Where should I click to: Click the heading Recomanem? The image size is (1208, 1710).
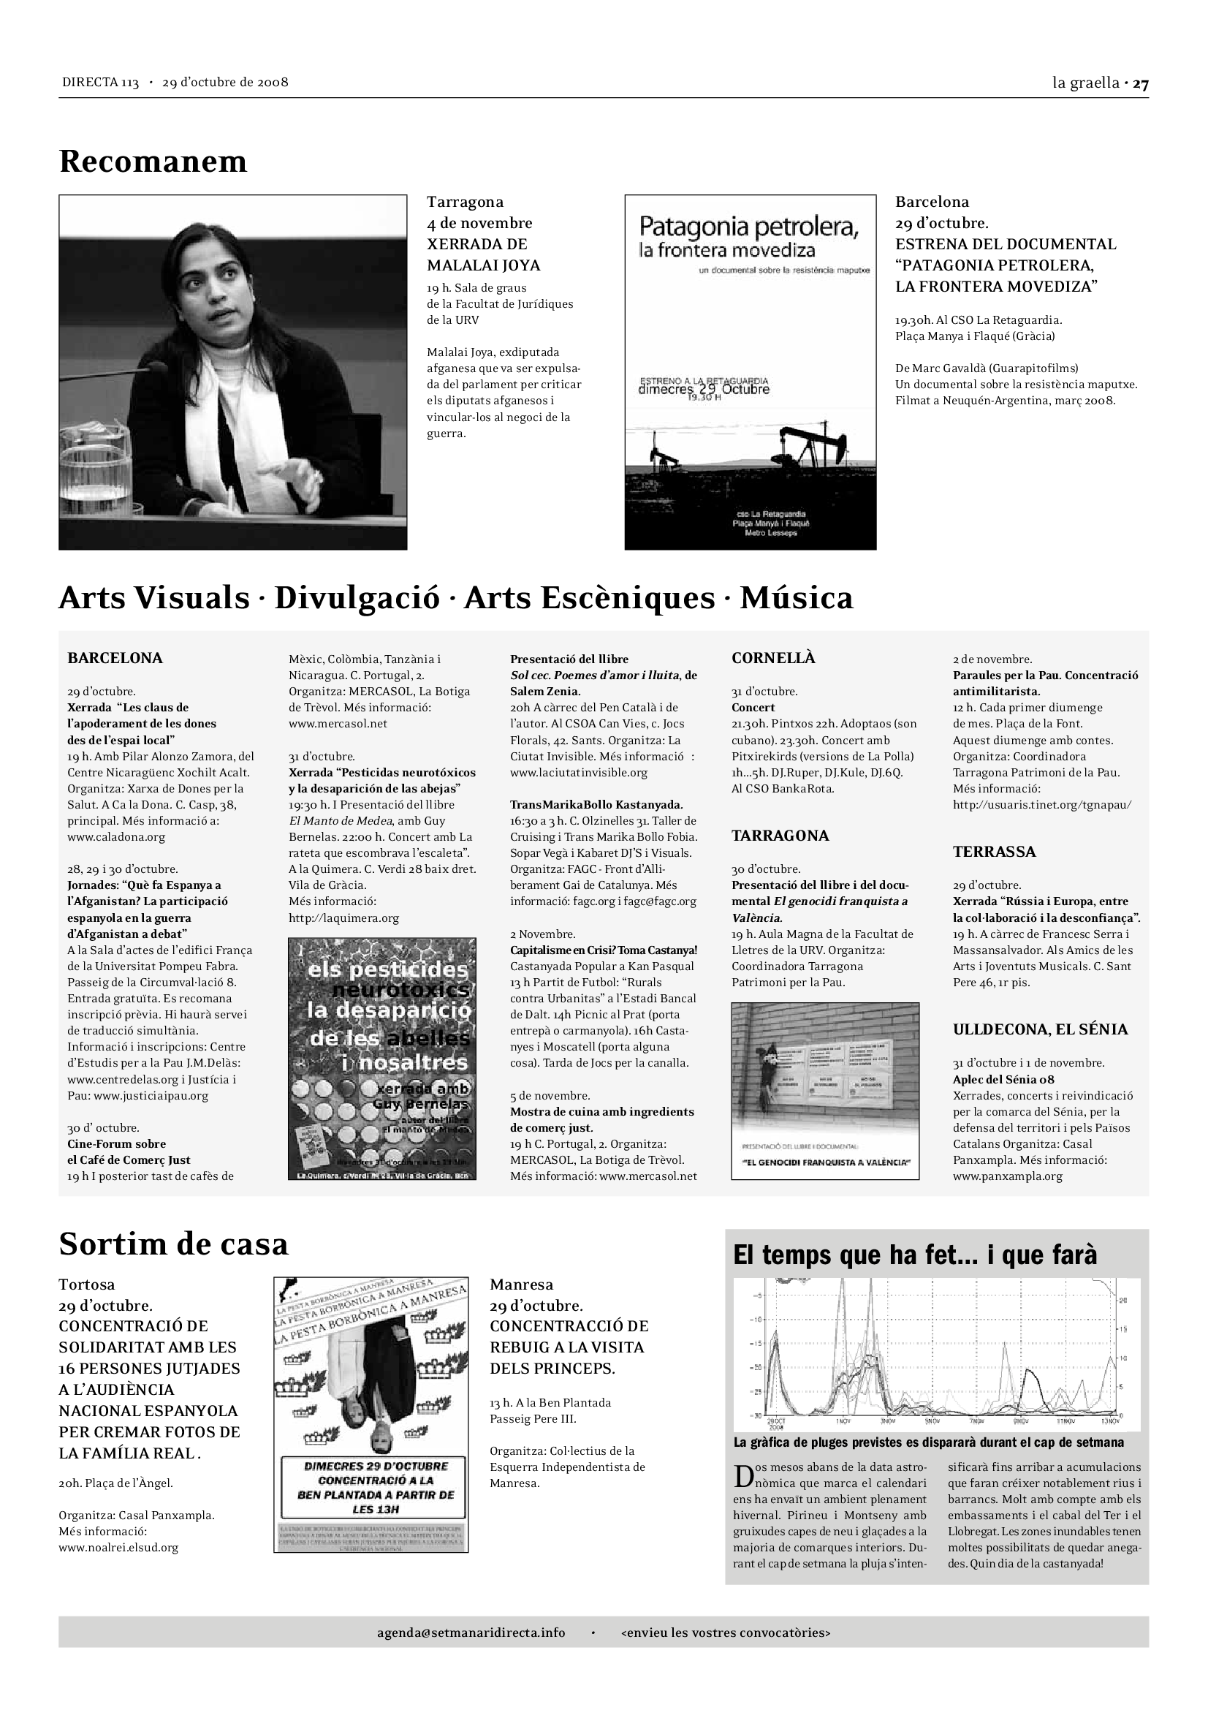[153, 162]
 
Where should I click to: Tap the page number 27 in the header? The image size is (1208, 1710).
[1141, 83]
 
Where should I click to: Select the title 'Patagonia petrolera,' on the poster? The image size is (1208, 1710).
[749, 227]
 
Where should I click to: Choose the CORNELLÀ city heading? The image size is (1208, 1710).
[773, 659]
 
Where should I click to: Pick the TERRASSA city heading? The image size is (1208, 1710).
[994, 852]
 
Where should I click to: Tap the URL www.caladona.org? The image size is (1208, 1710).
[116, 837]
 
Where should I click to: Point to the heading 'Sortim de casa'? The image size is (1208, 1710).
[173, 1244]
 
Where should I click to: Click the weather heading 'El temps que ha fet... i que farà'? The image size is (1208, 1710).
[915, 1255]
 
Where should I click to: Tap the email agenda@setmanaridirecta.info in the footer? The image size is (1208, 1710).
[471, 1633]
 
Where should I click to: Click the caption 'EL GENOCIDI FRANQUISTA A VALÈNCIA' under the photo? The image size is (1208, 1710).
[825, 1162]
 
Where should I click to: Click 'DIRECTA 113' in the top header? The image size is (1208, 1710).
[100, 83]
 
